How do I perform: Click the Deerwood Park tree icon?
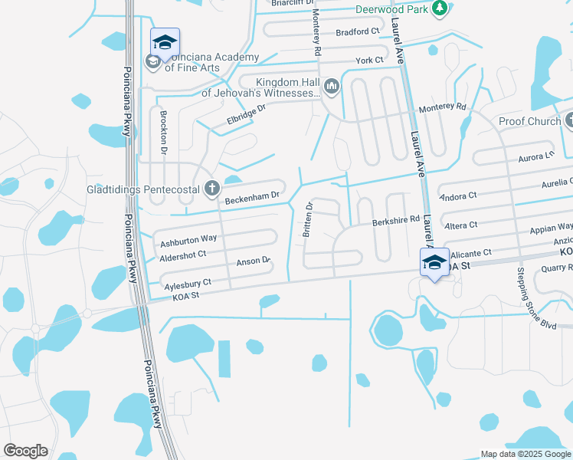(440, 8)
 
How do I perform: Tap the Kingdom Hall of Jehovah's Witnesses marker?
(332, 86)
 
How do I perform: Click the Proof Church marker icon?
(569, 121)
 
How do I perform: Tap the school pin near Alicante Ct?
(434, 263)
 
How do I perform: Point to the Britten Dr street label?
(309, 219)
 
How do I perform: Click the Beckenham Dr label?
(251, 199)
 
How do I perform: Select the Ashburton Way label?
(188, 240)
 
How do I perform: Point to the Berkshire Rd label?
(396, 220)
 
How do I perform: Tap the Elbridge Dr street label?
(246, 114)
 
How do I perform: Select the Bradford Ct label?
(358, 31)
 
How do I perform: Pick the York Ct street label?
(368, 61)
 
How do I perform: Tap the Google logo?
(25, 451)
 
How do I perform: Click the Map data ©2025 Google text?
(525, 454)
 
